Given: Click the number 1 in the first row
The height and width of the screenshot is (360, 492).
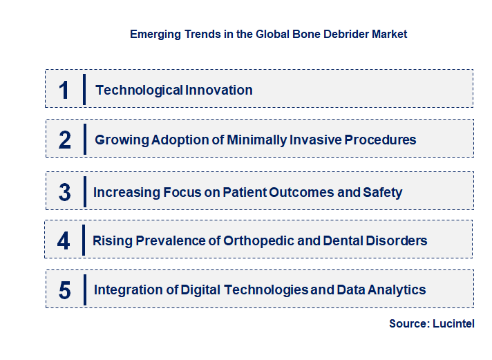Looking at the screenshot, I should click(64, 90).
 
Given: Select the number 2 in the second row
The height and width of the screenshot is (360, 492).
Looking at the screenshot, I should click(65, 140).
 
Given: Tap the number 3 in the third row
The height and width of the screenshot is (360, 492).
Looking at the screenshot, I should click(65, 192).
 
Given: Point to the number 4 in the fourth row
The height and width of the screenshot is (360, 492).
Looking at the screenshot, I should click(64, 240).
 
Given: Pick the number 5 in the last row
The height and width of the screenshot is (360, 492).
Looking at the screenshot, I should click(65, 290).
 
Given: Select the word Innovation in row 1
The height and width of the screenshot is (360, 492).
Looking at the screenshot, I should click(219, 90).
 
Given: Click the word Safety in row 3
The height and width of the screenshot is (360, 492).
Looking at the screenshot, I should click(382, 192).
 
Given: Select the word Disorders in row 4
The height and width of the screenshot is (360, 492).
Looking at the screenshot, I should click(398, 240).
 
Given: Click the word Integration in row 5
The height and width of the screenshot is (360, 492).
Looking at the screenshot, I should click(126, 290).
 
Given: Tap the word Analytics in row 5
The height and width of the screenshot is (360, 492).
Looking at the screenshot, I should click(397, 290).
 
